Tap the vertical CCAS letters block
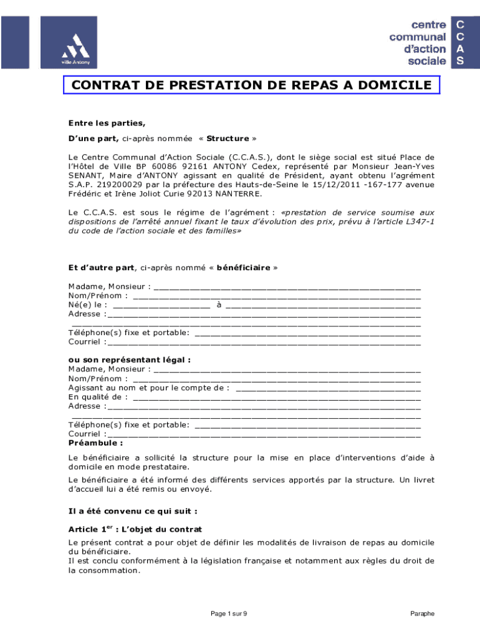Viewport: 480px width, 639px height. tap(460, 42)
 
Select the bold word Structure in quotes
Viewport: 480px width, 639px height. tap(228, 138)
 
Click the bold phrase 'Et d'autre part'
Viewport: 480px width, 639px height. tap(101, 268)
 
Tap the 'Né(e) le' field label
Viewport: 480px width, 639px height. tap(87, 305)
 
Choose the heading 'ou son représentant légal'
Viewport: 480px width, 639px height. tap(130, 359)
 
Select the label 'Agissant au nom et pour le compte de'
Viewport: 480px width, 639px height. tap(148, 388)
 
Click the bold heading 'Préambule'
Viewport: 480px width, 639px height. tap(95, 442)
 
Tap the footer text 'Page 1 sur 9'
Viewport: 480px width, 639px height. tap(229, 614)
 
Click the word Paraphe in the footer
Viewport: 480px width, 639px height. tap(422, 614)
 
